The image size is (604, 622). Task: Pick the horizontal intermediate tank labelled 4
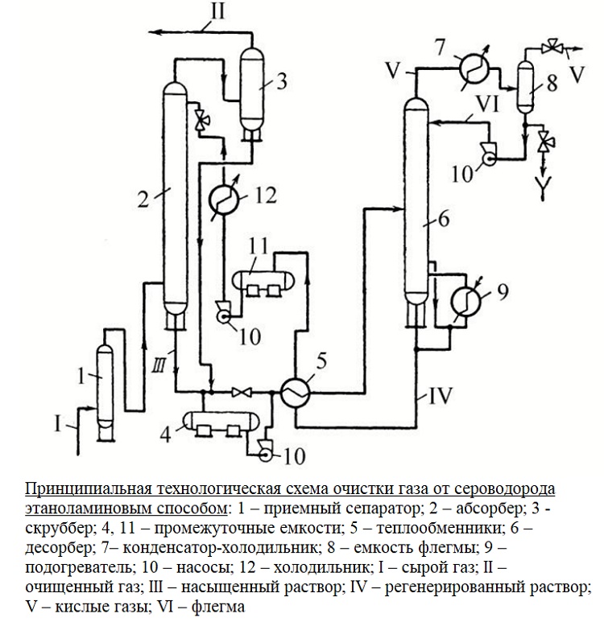tap(217, 421)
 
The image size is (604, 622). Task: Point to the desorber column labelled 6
tap(415, 201)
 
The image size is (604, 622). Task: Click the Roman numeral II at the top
tap(213, 14)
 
